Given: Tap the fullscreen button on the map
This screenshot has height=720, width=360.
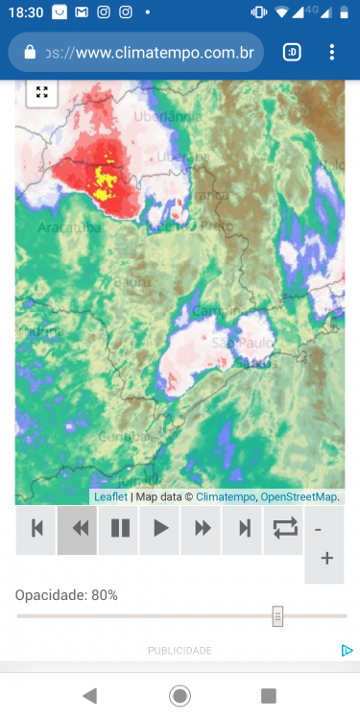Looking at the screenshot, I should tap(42, 92).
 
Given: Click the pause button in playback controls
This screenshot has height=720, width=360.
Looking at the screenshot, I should tap(120, 528).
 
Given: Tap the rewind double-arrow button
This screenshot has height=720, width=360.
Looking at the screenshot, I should tap(79, 528).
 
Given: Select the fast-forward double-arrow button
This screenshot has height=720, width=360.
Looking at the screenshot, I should tap(202, 528).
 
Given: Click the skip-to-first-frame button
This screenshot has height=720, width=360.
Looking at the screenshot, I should tap(37, 528).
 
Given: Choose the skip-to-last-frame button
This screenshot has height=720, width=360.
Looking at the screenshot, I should tap(243, 528).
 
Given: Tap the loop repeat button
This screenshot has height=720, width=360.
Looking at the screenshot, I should tap(284, 528).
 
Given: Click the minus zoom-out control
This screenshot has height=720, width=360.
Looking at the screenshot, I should tap(319, 529).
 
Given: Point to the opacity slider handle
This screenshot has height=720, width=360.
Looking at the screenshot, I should tap(277, 616).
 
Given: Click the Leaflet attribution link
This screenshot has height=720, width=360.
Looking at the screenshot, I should tap(111, 497).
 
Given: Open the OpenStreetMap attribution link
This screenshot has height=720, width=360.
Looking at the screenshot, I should tap(300, 497).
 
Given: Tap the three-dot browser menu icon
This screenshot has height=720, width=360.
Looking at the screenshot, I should tap(332, 52).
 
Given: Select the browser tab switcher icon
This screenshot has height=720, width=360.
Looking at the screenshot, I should tap(292, 52).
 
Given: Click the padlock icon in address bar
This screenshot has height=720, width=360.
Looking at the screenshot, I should tap(29, 52).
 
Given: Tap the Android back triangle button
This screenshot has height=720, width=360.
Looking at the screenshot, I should tap(90, 696).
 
